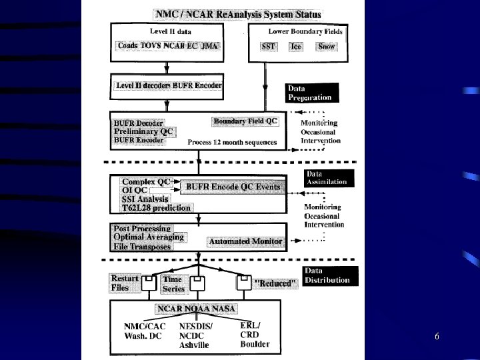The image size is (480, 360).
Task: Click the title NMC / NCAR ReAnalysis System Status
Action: (238, 14)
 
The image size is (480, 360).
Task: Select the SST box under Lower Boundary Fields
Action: (269, 47)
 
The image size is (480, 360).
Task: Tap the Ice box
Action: (296, 47)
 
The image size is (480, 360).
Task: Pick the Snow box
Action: (327, 47)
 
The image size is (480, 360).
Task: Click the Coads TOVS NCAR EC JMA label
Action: (168, 46)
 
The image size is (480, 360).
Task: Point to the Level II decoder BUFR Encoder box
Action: (167, 85)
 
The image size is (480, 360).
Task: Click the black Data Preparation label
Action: (312, 93)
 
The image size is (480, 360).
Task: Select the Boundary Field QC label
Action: (245, 121)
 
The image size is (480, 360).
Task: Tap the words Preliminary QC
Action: (143, 132)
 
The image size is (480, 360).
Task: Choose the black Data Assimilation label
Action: (326, 178)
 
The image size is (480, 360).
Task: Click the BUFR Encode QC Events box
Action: (231, 187)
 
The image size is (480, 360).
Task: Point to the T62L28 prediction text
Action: (156, 208)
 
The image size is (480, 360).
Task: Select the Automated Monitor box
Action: (246, 241)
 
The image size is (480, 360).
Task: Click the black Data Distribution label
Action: (327, 275)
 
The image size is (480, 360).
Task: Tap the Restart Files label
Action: (124, 283)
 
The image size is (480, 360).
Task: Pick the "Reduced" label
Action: (274, 283)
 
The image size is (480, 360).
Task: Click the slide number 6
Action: (437, 337)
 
